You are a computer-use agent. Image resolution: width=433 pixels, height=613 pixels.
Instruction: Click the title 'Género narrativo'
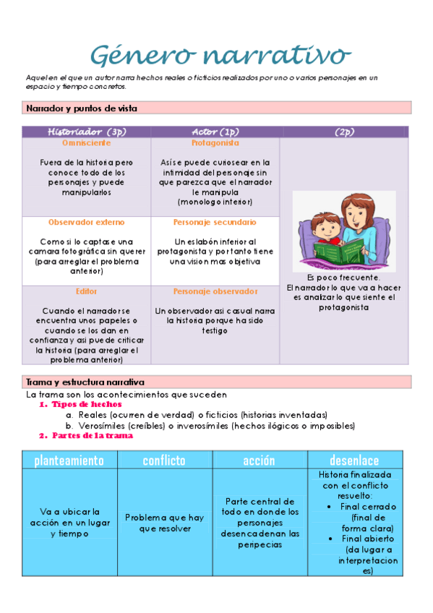(221, 56)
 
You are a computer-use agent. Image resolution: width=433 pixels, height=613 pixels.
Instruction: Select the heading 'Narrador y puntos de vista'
(82, 108)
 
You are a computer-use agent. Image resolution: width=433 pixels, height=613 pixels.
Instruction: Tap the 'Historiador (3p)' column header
(87, 132)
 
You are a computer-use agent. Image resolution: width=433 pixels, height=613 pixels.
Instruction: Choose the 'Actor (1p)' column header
(215, 132)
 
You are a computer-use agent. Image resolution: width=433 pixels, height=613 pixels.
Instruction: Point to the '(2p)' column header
(344, 132)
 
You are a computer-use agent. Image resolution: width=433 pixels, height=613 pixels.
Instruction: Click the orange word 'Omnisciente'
(86, 143)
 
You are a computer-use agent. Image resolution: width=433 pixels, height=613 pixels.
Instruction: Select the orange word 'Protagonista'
(215, 143)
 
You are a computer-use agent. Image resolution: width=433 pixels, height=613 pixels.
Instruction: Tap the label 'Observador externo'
(86, 222)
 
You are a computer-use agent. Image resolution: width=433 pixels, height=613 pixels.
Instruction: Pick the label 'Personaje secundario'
(215, 222)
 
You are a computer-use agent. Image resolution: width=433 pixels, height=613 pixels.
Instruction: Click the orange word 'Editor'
(86, 291)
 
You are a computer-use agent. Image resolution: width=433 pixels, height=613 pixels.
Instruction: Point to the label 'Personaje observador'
(215, 291)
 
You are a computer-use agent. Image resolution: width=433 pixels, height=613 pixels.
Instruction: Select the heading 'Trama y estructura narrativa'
(85, 382)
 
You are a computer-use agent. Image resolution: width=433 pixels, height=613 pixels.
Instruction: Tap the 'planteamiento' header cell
(69, 460)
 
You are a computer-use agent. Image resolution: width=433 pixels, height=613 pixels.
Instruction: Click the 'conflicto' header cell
(164, 460)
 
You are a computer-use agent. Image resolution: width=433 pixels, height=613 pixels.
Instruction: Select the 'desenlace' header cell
(354, 460)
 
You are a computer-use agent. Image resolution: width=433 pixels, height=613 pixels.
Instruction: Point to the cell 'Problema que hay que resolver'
(164, 523)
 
